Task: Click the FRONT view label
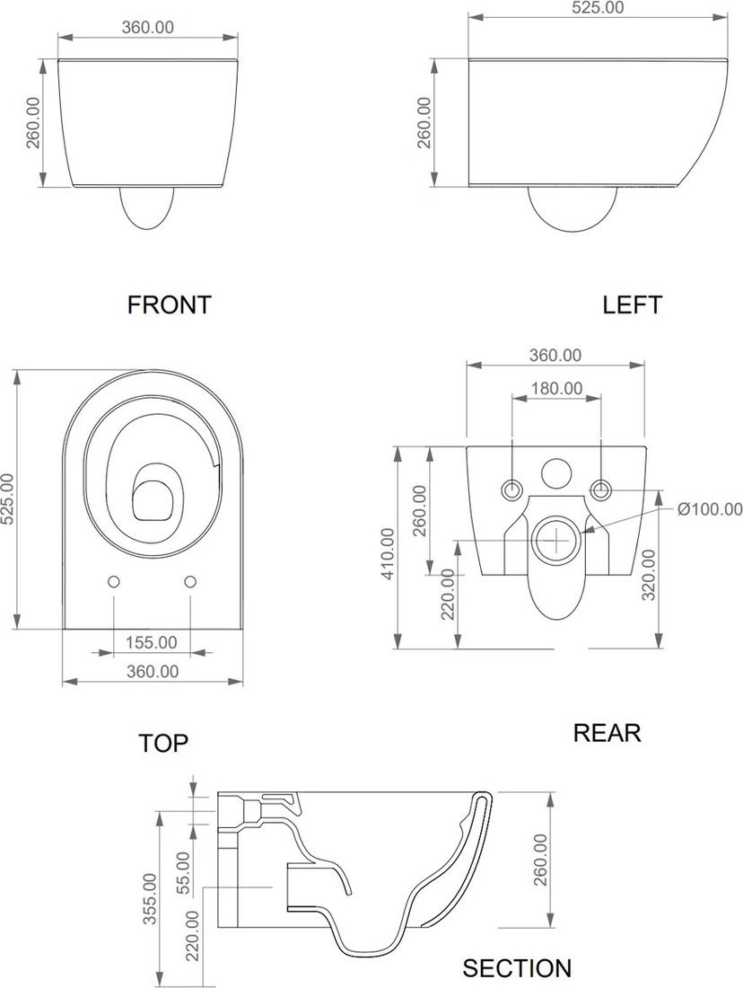(169, 304)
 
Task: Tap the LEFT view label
(633, 304)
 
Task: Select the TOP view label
(163, 743)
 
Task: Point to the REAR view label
(607, 733)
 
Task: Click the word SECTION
(518, 968)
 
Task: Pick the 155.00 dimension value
(151, 642)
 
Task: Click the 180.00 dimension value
(556, 388)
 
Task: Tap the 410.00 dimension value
(388, 554)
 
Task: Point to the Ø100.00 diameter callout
(711, 508)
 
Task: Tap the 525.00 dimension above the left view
(599, 7)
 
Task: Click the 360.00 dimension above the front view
(148, 27)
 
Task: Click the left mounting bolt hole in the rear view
(511, 489)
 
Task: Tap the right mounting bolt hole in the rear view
(601, 489)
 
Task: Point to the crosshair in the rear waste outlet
(557, 541)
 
